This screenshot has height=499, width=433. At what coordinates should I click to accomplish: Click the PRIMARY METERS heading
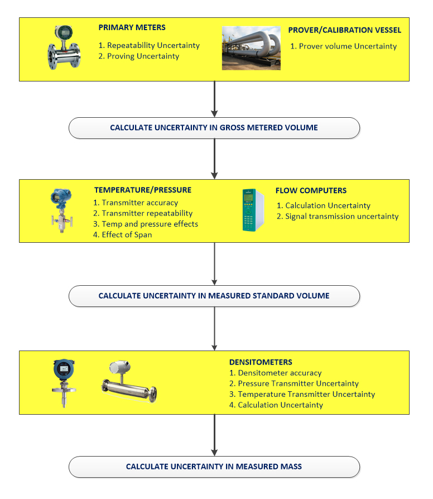point(132,28)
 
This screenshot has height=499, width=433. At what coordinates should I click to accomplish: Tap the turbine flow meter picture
point(64,47)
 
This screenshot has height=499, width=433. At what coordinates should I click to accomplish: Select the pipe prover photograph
point(251,48)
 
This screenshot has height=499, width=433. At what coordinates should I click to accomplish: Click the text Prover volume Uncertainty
point(344,46)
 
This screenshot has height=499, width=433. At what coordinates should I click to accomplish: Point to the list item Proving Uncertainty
point(139,56)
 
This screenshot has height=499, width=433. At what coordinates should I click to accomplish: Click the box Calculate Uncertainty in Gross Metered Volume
point(214,128)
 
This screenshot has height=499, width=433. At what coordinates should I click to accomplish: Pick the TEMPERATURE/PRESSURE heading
point(143,190)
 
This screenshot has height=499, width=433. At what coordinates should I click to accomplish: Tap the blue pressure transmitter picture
point(62,210)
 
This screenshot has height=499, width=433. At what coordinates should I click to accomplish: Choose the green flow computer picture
point(253,210)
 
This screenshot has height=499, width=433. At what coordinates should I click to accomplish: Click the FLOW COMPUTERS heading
point(311,191)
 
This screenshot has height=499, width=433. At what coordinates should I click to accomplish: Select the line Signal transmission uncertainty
point(338,217)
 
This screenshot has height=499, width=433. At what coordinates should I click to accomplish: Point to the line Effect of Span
point(123,235)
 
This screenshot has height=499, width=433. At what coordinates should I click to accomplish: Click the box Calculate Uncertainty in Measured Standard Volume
point(214,296)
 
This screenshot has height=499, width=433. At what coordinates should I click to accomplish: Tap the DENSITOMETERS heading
point(261,362)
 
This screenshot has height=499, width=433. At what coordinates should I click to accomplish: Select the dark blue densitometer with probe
point(64,383)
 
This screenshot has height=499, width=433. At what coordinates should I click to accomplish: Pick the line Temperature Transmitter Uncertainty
point(302,394)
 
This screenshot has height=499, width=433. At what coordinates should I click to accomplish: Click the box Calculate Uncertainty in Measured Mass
point(214,467)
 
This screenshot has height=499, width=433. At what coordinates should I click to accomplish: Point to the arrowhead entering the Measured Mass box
point(214,453)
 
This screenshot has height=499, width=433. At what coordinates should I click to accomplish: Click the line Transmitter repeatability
point(143,213)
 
